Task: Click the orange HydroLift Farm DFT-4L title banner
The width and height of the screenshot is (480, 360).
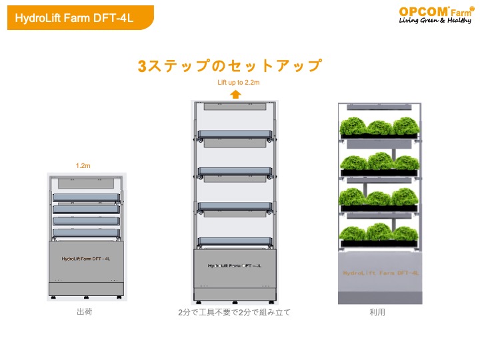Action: click(80, 18)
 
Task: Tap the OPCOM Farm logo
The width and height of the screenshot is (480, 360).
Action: click(436, 15)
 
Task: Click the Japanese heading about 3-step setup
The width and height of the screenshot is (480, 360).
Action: click(230, 66)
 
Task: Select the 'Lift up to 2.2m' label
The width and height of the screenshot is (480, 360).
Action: click(239, 83)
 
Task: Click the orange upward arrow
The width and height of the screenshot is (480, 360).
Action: click(235, 94)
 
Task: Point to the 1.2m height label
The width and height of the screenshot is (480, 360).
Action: click(83, 165)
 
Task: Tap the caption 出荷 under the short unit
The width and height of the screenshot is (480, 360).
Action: click(85, 311)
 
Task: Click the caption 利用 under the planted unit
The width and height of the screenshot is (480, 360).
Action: click(377, 312)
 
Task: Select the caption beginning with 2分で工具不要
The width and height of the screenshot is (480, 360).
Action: click(234, 312)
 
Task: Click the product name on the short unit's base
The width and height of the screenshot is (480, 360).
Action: click(86, 259)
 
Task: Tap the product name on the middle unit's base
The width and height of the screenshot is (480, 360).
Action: click(235, 266)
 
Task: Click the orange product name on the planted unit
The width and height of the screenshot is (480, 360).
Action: click(381, 273)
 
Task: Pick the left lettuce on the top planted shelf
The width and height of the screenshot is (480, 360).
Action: click(353, 126)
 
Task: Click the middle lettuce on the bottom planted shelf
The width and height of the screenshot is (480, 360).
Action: click(379, 232)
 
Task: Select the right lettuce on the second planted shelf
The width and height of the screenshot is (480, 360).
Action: click(406, 163)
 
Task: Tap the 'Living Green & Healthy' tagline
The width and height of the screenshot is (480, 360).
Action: click(435, 20)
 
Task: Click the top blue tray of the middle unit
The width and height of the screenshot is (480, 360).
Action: click(235, 135)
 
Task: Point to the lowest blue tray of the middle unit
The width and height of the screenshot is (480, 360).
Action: click(235, 241)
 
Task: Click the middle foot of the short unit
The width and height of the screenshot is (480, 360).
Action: click(86, 297)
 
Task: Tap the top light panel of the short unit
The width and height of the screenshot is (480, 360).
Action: click(86, 184)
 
